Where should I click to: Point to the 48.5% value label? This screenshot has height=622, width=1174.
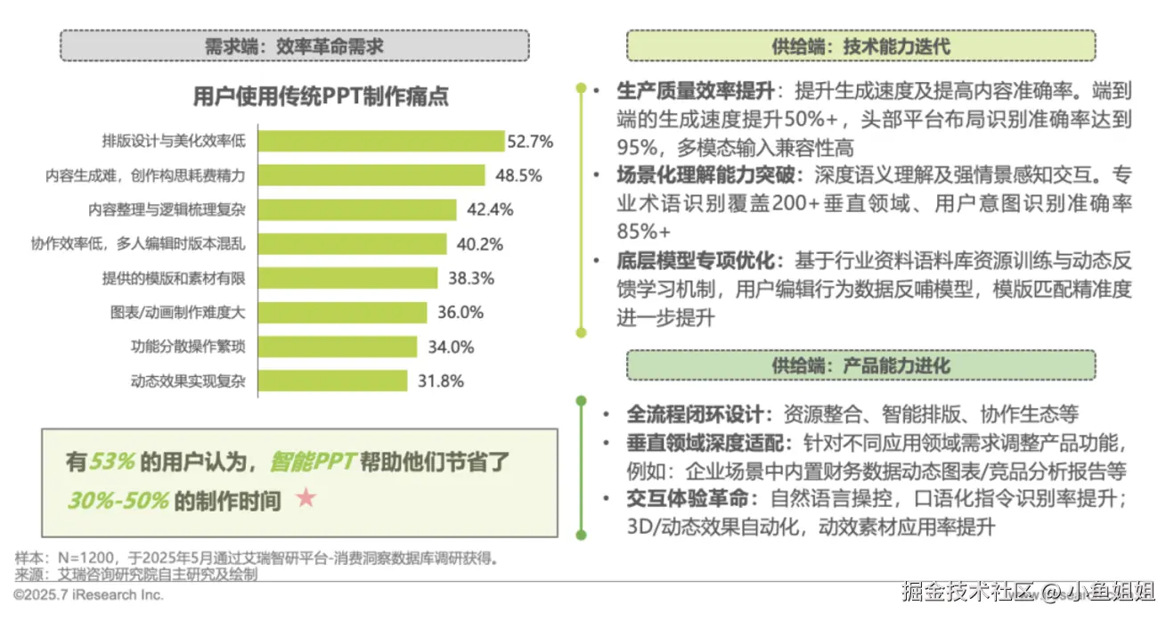[518, 176]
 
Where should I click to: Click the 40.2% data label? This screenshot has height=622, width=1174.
[479, 244]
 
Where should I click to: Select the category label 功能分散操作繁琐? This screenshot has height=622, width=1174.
[187, 347]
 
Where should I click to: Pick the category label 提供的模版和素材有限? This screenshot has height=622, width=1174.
[173, 278]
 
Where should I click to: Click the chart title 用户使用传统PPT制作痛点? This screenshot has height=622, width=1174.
[321, 96]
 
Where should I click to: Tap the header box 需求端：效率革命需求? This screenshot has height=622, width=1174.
[294, 45]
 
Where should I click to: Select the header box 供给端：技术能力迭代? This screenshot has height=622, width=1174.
[860, 45]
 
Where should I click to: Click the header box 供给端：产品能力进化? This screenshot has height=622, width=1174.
[860, 365]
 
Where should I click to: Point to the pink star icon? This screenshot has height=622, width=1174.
[306, 498]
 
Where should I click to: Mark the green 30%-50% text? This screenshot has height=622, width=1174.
[118, 500]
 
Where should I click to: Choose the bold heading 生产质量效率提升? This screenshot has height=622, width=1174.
[696, 91]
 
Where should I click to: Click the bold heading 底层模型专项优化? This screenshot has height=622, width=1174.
[696, 262]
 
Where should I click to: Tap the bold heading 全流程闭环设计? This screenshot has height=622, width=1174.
[696, 413]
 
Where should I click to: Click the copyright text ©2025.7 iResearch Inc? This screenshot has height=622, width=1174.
[89, 593]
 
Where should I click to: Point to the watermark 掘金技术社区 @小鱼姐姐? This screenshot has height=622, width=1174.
[1028, 591]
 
